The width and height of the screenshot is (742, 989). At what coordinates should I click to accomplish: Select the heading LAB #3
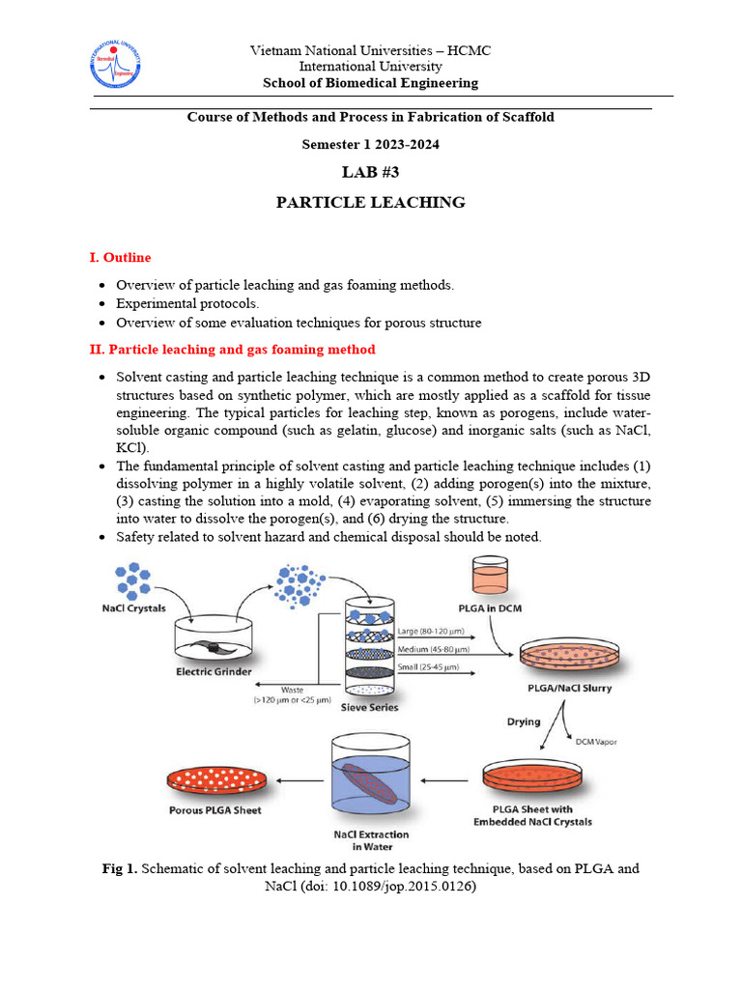tap(370, 172)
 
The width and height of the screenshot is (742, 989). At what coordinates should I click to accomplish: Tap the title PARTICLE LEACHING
tap(370, 203)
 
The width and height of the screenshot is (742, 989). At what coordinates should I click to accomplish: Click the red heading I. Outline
tap(120, 258)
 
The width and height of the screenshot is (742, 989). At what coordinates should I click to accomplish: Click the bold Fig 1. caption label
tap(121, 868)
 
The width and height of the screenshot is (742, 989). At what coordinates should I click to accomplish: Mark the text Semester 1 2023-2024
tap(370, 144)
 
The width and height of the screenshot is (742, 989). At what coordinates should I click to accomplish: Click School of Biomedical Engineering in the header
tap(370, 83)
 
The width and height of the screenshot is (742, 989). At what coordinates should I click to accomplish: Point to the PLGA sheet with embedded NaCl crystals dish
tap(533, 777)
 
